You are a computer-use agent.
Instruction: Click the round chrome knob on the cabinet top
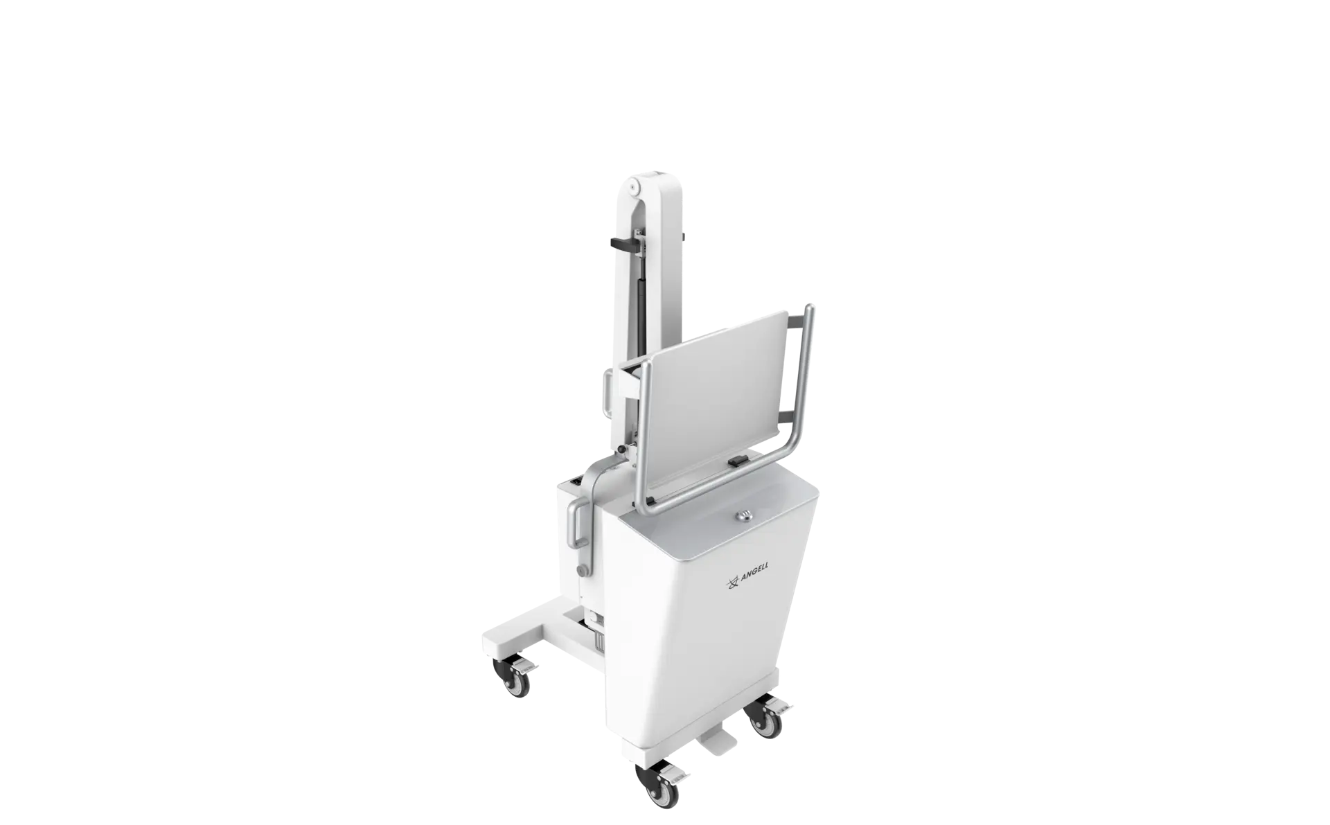pyautogui.click(x=745, y=513)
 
